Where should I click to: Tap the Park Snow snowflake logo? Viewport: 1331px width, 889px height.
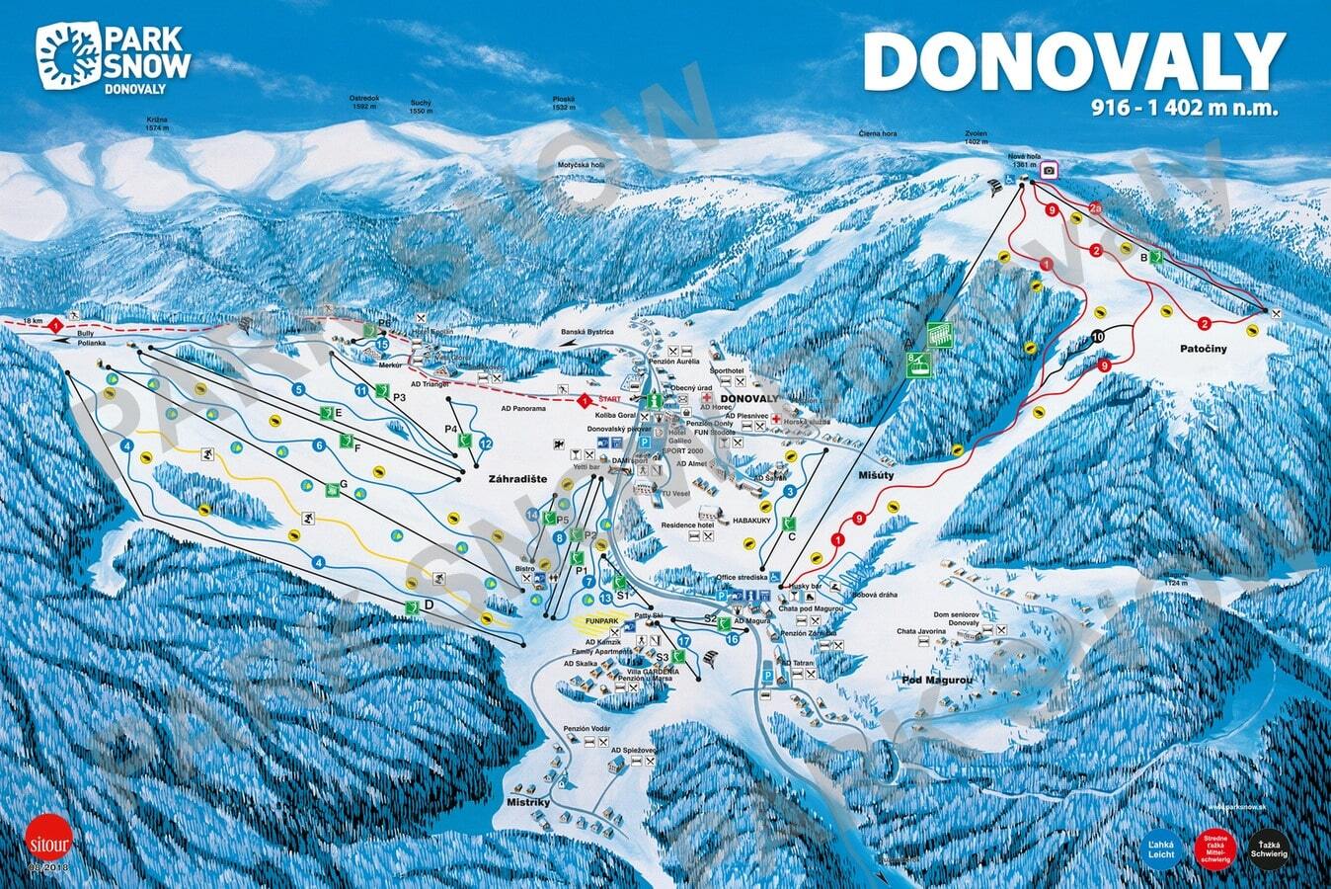tap(67, 55)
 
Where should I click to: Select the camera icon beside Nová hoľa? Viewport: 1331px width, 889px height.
tap(1048, 170)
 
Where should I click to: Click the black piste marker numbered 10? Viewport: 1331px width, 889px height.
tap(1099, 337)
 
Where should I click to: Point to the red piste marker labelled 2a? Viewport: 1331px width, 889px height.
tap(1096, 207)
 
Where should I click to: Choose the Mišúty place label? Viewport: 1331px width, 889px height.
tap(874, 474)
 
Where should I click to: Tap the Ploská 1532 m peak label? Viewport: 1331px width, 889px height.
tap(564, 103)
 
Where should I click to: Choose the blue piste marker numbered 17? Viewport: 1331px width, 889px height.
tap(682, 641)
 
